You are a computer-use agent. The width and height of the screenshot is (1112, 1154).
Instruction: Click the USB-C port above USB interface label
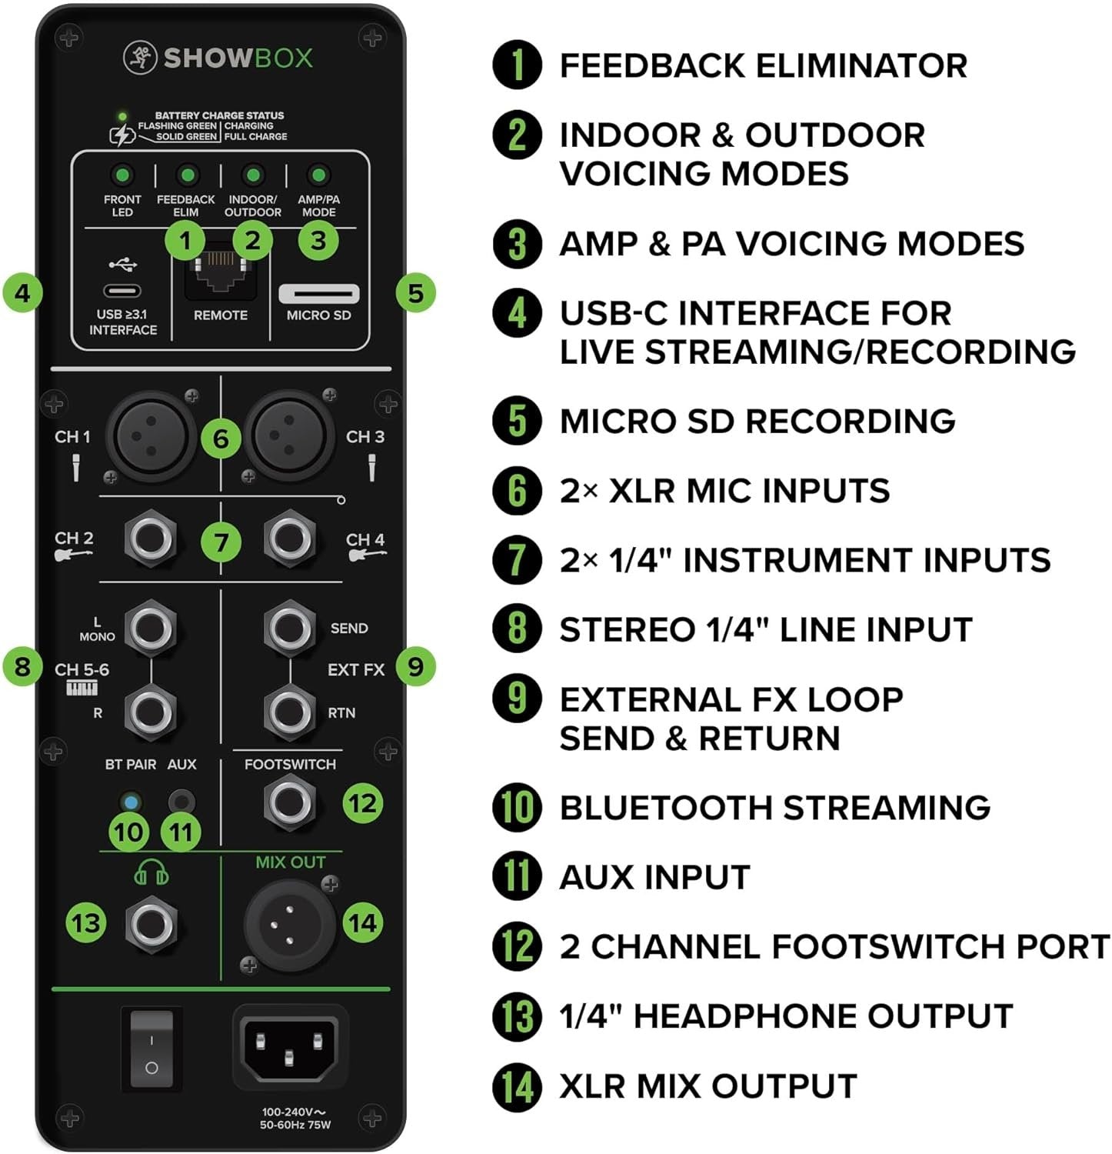[122, 291]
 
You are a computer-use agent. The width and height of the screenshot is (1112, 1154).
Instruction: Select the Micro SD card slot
[318, 293]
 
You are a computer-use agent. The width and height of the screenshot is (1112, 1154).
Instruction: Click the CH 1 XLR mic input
[152, 436]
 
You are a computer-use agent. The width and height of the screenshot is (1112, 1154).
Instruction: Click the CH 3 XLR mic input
[289, 436]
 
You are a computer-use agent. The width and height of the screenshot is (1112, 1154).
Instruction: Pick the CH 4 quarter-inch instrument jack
[289, 539]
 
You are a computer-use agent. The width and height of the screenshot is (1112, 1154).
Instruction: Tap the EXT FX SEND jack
[289, 627]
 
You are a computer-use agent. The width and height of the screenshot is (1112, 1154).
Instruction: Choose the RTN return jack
[289, 712]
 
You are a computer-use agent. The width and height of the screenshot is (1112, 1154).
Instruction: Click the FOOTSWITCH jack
[289, 802]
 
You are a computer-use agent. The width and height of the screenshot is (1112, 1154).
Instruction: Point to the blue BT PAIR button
[130, 802]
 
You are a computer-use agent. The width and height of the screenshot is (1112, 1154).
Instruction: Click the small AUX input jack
[181, 802]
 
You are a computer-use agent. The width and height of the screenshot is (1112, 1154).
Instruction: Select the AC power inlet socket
[289, 1045]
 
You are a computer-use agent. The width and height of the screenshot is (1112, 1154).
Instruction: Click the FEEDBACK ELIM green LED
[187, 175]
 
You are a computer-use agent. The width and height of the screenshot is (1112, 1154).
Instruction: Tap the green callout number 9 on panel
[415, 666]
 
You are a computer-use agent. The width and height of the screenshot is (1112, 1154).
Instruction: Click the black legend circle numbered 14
[518, 1086]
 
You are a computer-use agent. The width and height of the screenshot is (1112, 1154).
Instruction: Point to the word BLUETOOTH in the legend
[665, 808]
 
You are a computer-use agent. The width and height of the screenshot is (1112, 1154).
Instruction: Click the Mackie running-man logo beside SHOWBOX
[140, 58]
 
